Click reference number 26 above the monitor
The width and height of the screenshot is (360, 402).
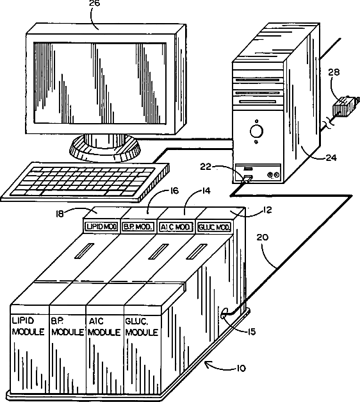[95, 3]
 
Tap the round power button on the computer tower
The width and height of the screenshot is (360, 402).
[256, 131]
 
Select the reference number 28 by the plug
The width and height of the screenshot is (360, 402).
[334, 72]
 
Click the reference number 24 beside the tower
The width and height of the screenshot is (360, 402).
[331, 158]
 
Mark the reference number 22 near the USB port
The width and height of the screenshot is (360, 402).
[206, 167]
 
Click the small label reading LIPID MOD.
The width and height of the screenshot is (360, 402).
[102, 226]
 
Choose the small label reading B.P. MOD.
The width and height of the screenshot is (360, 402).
[138, 227]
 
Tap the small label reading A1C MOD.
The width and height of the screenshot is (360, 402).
[176, 227]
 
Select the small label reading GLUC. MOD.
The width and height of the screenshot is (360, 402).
[214, 227]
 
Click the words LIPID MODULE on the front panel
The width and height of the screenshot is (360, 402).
[28, 326]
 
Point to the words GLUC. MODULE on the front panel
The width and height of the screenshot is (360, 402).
[141, 327]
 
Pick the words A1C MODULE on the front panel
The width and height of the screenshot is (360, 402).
[104, 326]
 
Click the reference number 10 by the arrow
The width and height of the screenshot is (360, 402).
[241, 369]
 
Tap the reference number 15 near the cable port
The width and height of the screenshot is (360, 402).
[252, 331]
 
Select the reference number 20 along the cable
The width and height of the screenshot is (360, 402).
[263, 237]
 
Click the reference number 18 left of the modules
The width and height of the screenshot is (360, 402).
[60, 214]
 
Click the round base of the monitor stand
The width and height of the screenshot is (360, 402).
[105, 150]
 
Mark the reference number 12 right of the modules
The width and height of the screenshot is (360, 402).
[267, 210]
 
